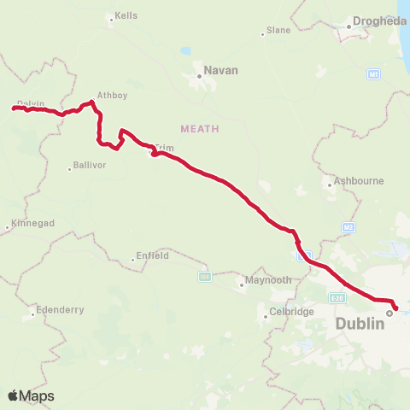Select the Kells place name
[126, 16]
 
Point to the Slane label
[278, 30]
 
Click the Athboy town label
[112, 96]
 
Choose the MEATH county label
[200, 128]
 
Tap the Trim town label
[164, 148]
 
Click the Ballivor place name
[89, 165]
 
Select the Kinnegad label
[35, 224]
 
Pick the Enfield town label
[153, 255]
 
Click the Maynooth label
[268, 280]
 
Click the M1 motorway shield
[373, 75]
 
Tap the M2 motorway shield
[348, 227]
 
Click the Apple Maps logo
[31, 395]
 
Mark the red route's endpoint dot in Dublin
[395, 307]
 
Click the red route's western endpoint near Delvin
[15, 108]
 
